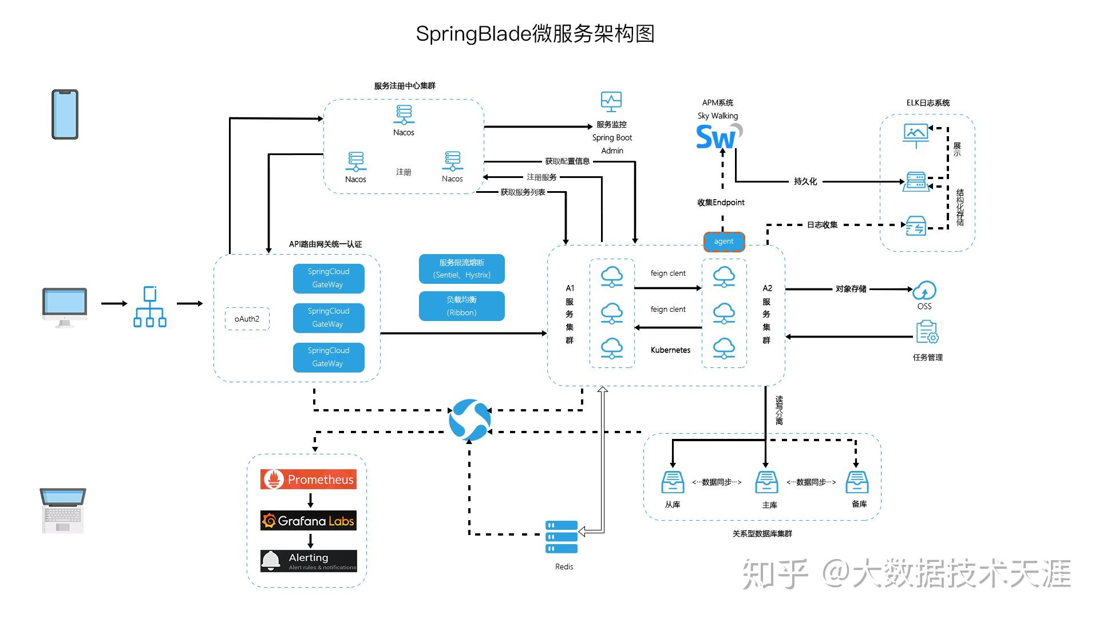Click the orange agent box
tap(724, 241)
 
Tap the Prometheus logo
tap(309, 480)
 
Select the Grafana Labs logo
tap(309, 521)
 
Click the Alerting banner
tap(309, 561)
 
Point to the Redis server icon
tap(562, 537)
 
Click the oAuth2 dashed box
tap(247, 319)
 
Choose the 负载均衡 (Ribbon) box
tap(461, 306)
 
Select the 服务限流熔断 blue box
tap(461, 269)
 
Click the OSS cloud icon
tap(924, 291)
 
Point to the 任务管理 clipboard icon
tap(927, 332)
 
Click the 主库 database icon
tap(766, 482)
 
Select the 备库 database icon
tap(857, 482)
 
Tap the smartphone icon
tap(65, 114)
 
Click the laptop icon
tap(63, 510)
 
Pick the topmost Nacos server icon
tap(404, 114)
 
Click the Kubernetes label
tap(670, 350)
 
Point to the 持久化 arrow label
tap(805, 181)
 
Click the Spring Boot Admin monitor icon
tap(611, 102)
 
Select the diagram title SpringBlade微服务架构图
tap(535, 34)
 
